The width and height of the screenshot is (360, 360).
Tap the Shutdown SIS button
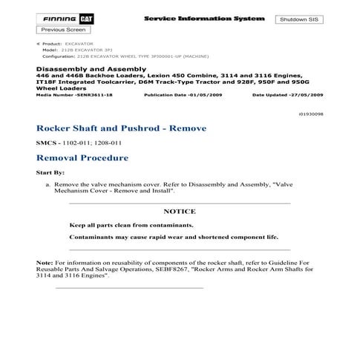click(x=298, y=19)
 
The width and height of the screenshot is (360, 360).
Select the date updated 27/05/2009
click(x=288, y=96)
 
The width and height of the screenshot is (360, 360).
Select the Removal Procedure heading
click(x=82, y=157)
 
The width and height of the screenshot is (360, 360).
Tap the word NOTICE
click(x=179, y=212)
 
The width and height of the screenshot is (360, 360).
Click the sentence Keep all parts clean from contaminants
click(x=131, y=224)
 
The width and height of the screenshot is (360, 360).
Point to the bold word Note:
click(x=45, y=263)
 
